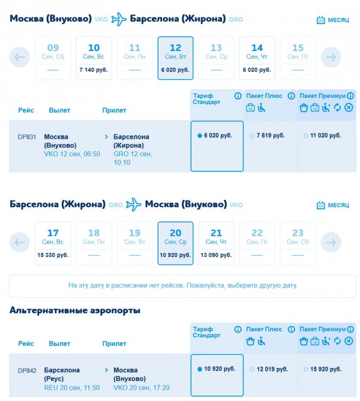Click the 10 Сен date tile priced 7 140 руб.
coord(94,58)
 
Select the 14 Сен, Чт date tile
coord(257,58)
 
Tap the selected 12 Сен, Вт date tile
coord(175,58)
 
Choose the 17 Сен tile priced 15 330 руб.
coord(53,243)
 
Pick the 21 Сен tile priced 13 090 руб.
coord(216,243)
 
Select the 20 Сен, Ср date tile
coord(175,243)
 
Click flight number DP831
coord(27,137)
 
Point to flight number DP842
coord(27,370)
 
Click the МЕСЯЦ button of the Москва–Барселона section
coord(333,20)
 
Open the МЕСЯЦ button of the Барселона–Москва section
coord(333,205)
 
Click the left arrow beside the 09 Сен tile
coord(20,58)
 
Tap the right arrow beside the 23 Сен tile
coord(331,243)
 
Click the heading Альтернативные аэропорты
coord(75,310)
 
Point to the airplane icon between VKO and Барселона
coord(120,19)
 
